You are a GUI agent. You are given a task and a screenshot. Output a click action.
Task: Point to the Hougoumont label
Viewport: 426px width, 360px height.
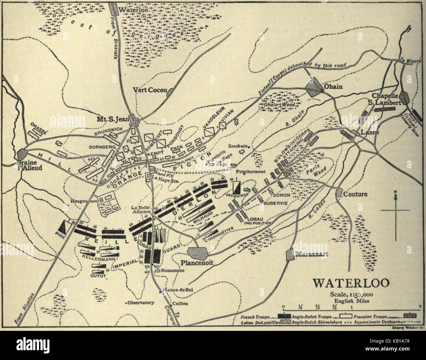pos(82,200)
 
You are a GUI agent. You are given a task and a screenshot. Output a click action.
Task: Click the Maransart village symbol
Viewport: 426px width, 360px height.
pos(289,255)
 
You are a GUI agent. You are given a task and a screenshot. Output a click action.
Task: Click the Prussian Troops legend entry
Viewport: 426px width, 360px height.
pos(369,317)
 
